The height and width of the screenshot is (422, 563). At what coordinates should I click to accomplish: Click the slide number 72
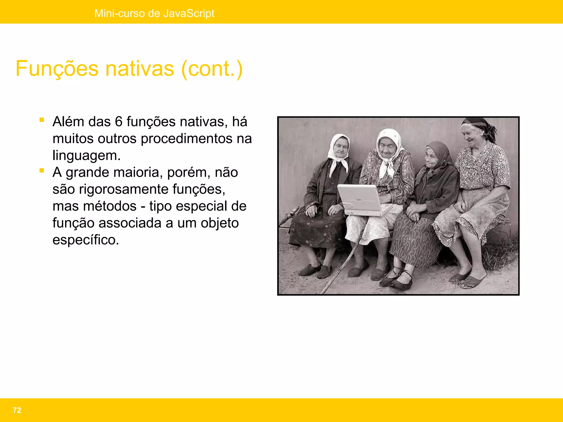point(17,410)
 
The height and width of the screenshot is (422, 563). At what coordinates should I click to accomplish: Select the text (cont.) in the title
point(212,69)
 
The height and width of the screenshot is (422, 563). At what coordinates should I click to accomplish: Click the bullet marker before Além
point(42,120)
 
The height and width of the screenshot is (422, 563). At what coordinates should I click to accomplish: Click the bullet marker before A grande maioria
point(42,171)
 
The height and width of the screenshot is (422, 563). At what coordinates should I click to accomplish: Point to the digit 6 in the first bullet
point(118,122)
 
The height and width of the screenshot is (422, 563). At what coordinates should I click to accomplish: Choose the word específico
point(86,240)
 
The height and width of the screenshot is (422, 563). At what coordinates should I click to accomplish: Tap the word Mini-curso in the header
point(120,13)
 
